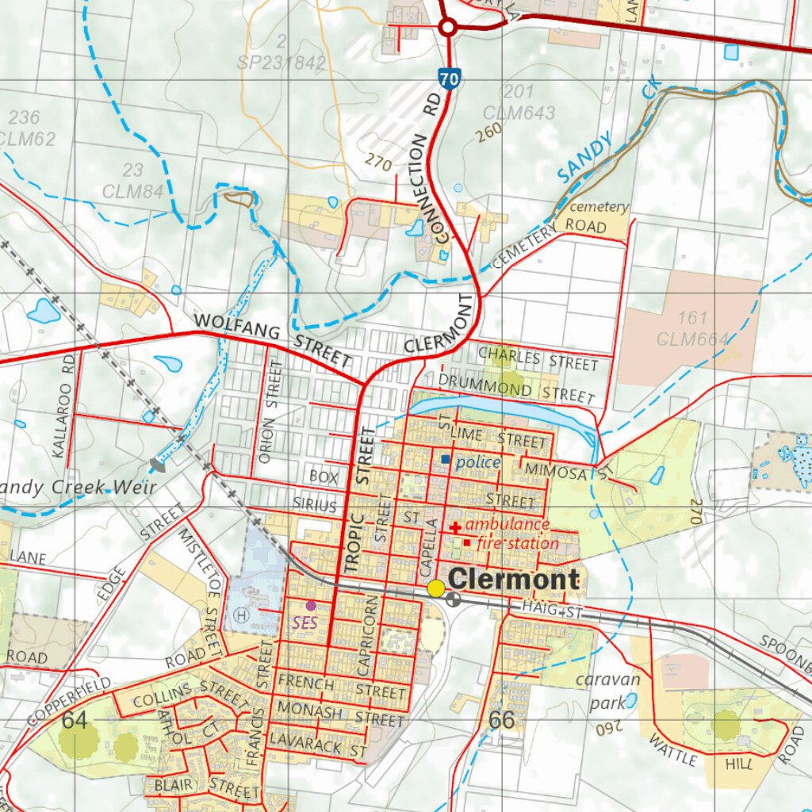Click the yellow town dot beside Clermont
coord(436,588)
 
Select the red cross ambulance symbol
coord(456,527)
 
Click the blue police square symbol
coord(446,460)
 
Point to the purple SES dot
coord(311,605)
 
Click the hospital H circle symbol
coord(241,613)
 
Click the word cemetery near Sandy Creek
coord(599,207)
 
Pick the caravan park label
coord(607,691)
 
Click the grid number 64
coord(74,720)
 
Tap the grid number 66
coord(502,720)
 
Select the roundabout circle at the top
coord(447,29)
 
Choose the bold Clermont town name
coord(514,580)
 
